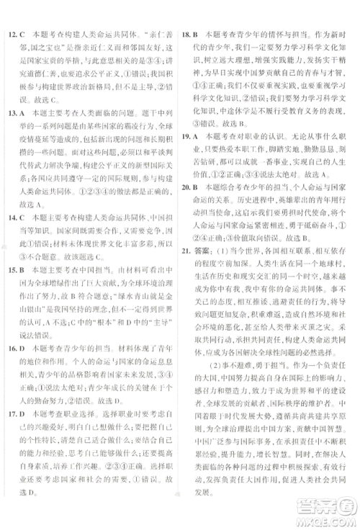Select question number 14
point(12,217)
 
